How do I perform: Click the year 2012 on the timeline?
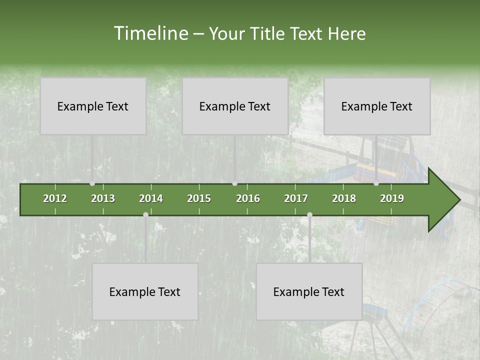tap(55, 198)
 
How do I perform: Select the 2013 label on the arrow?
tap(103, 198)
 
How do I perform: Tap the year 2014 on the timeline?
tap(151, 198)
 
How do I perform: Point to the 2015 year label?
tap(199, 198)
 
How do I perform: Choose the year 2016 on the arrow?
tap(248, 198)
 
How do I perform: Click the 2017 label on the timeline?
tap(296, 198)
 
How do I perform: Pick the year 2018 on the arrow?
tap(344, 198)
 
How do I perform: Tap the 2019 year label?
tap(392, 198)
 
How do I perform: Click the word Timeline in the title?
tap(149, 33)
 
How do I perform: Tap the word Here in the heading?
tap(346, 33)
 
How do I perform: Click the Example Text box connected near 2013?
tap(93, 106)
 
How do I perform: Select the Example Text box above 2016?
tap(235, 106)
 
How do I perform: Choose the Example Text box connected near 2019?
tap(377, 106)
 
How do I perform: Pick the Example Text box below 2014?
tap(145, 291)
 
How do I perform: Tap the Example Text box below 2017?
tap(309, 291)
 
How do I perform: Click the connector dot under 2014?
tap(145, 215)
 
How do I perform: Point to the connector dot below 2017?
tap(309, 215)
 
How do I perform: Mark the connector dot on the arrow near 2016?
tap(235, 183)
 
